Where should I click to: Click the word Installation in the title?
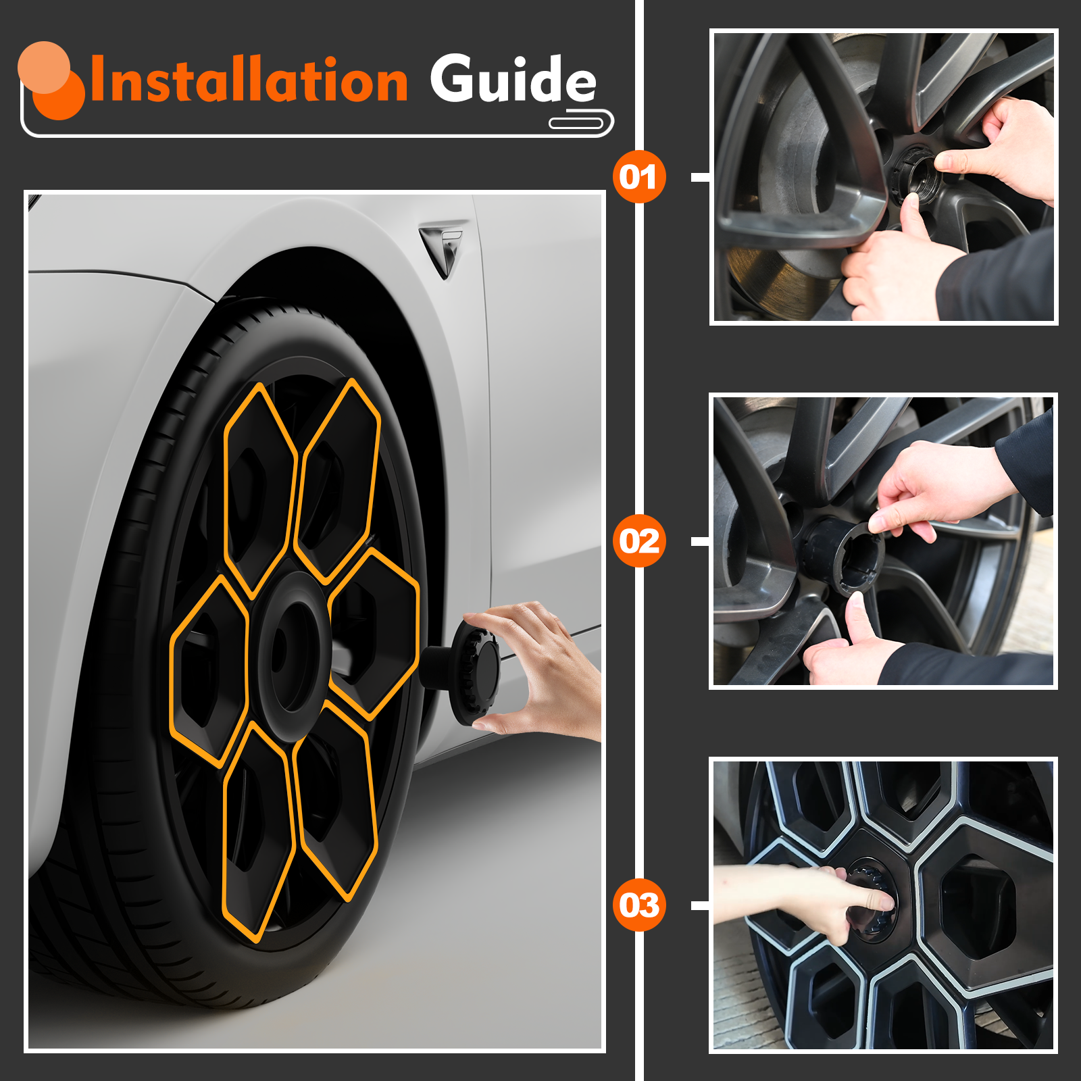click(249, 80)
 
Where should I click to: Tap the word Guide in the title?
click(513, 80)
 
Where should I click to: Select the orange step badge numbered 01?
click(639, 177)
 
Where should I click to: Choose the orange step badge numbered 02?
click(639, 541)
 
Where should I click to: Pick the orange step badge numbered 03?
click(639, 905)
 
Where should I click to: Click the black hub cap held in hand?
click(466, 672)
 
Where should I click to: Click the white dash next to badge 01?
click(701, 177)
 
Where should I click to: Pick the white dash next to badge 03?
click(701, 905)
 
